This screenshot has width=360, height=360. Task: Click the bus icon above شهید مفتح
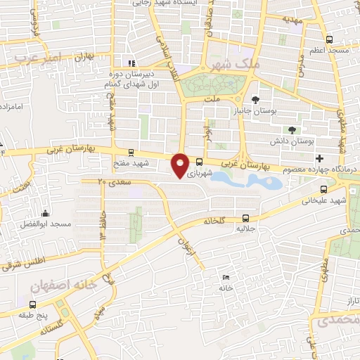coord(130,151)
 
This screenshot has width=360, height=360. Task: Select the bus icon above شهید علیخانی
coord(323,189)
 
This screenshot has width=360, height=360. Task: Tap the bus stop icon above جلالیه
coord(245,218)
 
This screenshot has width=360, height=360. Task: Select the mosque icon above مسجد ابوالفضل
coord(46,213)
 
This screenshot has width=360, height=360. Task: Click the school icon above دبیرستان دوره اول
coord(127,62)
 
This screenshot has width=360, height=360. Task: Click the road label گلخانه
coord(212,221)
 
